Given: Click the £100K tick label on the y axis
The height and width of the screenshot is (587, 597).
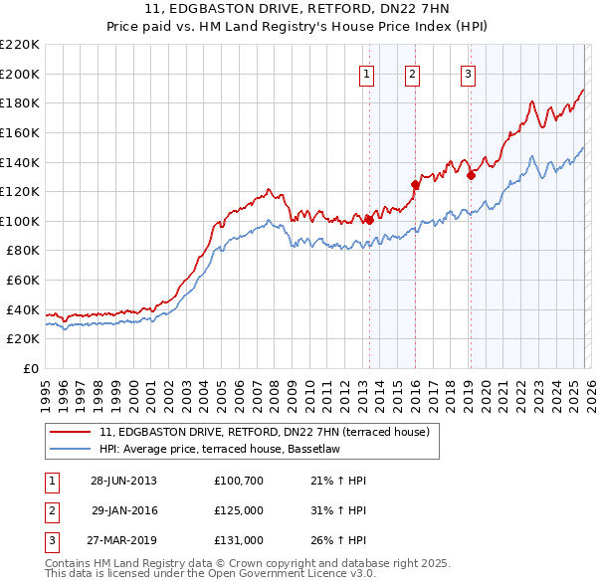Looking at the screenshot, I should coord(20,221).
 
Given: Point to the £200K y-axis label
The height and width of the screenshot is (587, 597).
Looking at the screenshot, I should coord(20,74).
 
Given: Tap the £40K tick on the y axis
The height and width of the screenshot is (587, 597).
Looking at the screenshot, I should coord(23,309).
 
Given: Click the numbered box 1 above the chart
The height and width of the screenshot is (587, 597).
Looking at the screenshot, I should coord(367,74).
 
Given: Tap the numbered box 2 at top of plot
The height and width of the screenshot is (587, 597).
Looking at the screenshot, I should coord(412,74).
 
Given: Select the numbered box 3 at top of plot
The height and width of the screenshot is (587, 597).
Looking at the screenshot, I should coord(468,74).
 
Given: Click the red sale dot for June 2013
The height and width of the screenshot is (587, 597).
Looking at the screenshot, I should coord(369,220).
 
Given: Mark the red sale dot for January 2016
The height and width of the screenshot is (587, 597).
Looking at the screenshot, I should coord(415,184).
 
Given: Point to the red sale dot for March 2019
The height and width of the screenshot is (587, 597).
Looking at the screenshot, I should coord(471,175).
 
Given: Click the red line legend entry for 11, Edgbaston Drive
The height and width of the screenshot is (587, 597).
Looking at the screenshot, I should coord(264,432).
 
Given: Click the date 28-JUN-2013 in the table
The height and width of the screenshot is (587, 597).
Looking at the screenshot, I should coord(123,481).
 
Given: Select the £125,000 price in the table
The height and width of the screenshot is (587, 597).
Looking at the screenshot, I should coord(239,510).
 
